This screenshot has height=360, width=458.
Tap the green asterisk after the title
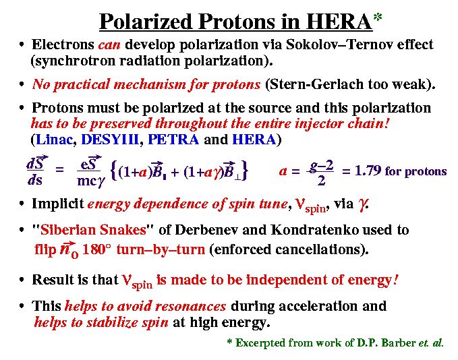[378, 17]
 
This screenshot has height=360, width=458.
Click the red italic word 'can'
[109, 45]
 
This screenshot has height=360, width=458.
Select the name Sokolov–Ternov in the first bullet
[334, 44]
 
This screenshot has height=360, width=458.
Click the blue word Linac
[55, 140]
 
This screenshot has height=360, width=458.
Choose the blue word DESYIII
[110, 140]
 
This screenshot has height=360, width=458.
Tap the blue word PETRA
[173, 140]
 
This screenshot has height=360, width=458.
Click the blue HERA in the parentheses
[254, 140]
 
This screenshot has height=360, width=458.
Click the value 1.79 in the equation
[368, 171]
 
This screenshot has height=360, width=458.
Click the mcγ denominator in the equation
[91, 181]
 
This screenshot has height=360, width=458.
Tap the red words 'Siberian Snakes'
[93, 229]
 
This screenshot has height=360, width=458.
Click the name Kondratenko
[315, 229]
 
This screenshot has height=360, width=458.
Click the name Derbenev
[206, 229]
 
